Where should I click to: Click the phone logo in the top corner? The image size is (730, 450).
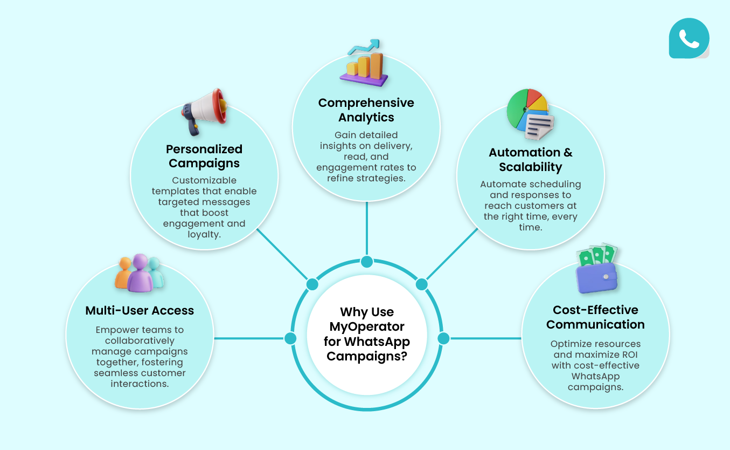click(x=689, y=38)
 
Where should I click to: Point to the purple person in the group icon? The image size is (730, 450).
click(x=140, y=273)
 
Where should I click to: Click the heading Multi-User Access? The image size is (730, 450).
click(x=140, y=310)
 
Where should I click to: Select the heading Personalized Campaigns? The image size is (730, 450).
click(x=204, y=156)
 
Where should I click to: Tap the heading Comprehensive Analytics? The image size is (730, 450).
click(x=366, y=110)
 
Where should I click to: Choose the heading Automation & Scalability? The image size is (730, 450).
click(x=531, y=160)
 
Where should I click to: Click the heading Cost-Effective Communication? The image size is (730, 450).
click(x=595, y=317)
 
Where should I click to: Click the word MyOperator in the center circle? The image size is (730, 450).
click(x=367, y=326)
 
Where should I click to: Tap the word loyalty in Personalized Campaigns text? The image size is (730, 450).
click(x=204, y=235)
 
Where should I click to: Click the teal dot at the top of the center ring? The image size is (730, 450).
click(x=367, y=262)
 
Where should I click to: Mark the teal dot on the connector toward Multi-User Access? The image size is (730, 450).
click(x=290, y=338)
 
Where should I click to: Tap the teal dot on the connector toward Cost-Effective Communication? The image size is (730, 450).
click(x=443, y=338)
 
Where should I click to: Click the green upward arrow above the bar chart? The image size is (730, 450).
click(x=364, y=47)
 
